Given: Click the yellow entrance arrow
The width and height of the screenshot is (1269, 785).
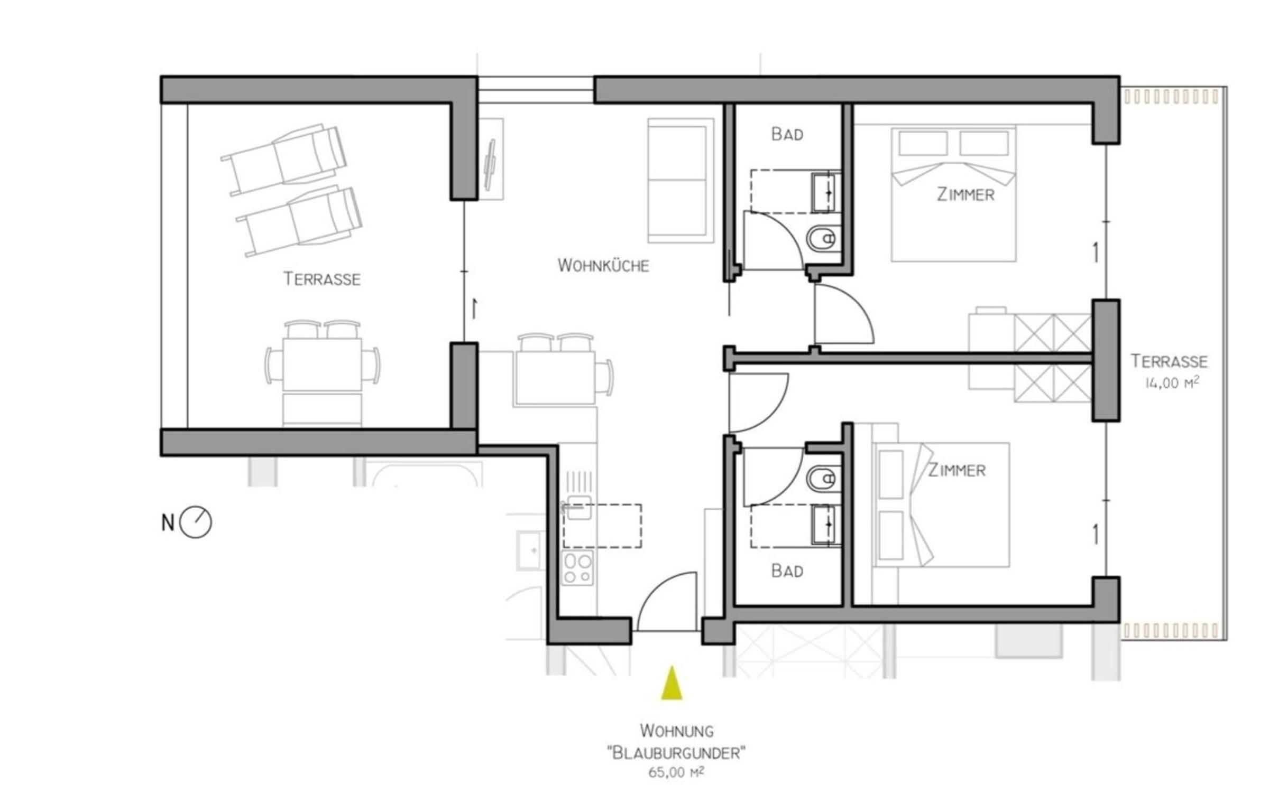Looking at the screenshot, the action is click(672, 683).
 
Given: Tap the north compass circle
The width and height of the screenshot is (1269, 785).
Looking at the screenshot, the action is click(196, 522).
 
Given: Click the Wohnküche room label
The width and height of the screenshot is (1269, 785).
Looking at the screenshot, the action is click(603, 265).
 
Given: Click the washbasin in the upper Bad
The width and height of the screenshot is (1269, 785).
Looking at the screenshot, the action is click(826, 192).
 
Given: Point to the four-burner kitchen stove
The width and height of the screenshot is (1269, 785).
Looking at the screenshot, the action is click(577, 568).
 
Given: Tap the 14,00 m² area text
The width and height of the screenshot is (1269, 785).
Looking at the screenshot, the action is click(1172, 382).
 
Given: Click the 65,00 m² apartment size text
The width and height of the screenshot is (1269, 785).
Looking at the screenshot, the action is click(676, 772).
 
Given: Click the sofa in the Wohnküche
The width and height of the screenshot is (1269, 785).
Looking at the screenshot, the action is click(681, 180).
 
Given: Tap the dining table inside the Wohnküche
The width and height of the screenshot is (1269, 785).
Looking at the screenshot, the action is click(555, 377).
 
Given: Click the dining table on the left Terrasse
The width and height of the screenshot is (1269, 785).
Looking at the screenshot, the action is click(322, 365).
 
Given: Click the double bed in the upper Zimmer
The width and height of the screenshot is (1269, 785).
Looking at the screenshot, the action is click(953, 194).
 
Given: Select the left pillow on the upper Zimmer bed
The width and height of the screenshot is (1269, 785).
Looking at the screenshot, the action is click(923, 143).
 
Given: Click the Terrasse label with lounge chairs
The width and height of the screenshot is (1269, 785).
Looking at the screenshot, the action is click(322, 278).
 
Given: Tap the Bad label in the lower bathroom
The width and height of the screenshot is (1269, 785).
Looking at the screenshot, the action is click(787, 571).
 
